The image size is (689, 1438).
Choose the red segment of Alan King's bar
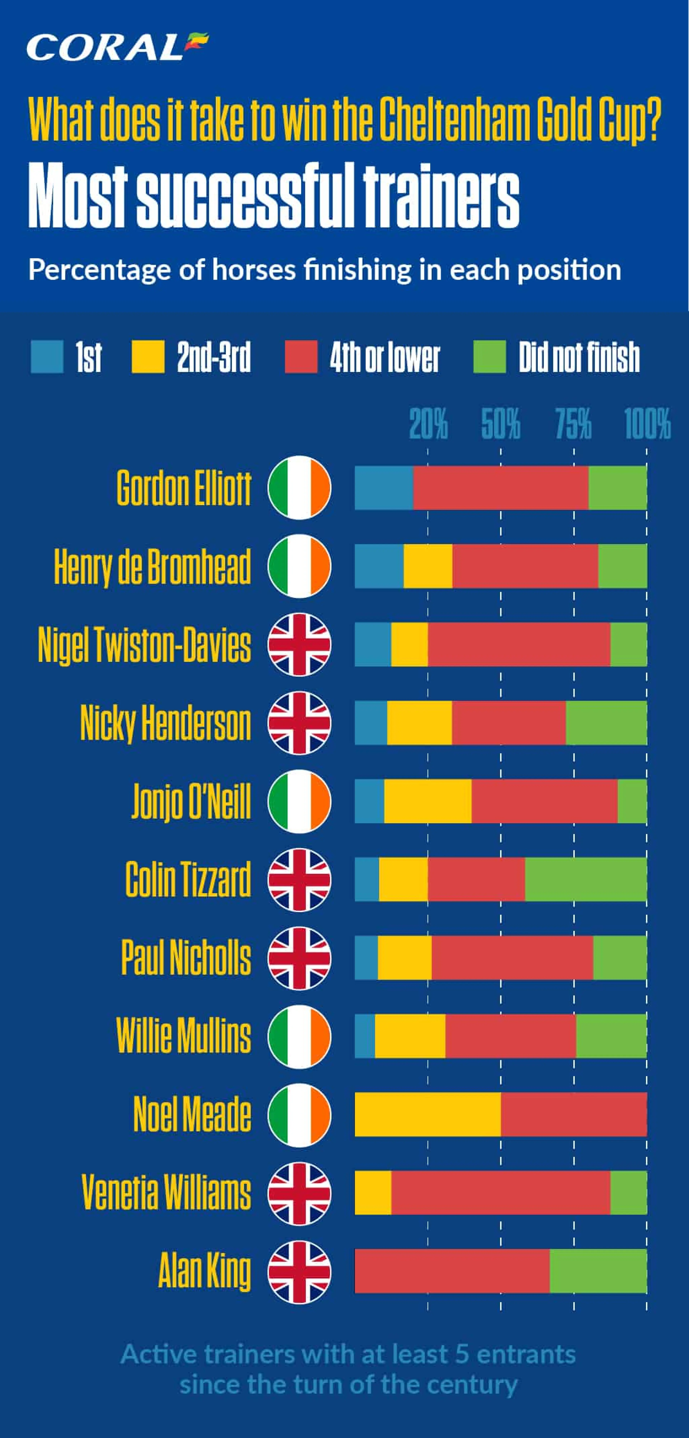pyautogui.click(x=453, y=1271)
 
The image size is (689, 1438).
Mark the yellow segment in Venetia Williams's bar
pyautogui.click(x=373, y=1193)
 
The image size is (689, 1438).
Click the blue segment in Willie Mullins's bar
pyautogui.click(x=365, y=1036)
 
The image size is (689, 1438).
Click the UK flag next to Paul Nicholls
pyautogui.click(x=300, y=958)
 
